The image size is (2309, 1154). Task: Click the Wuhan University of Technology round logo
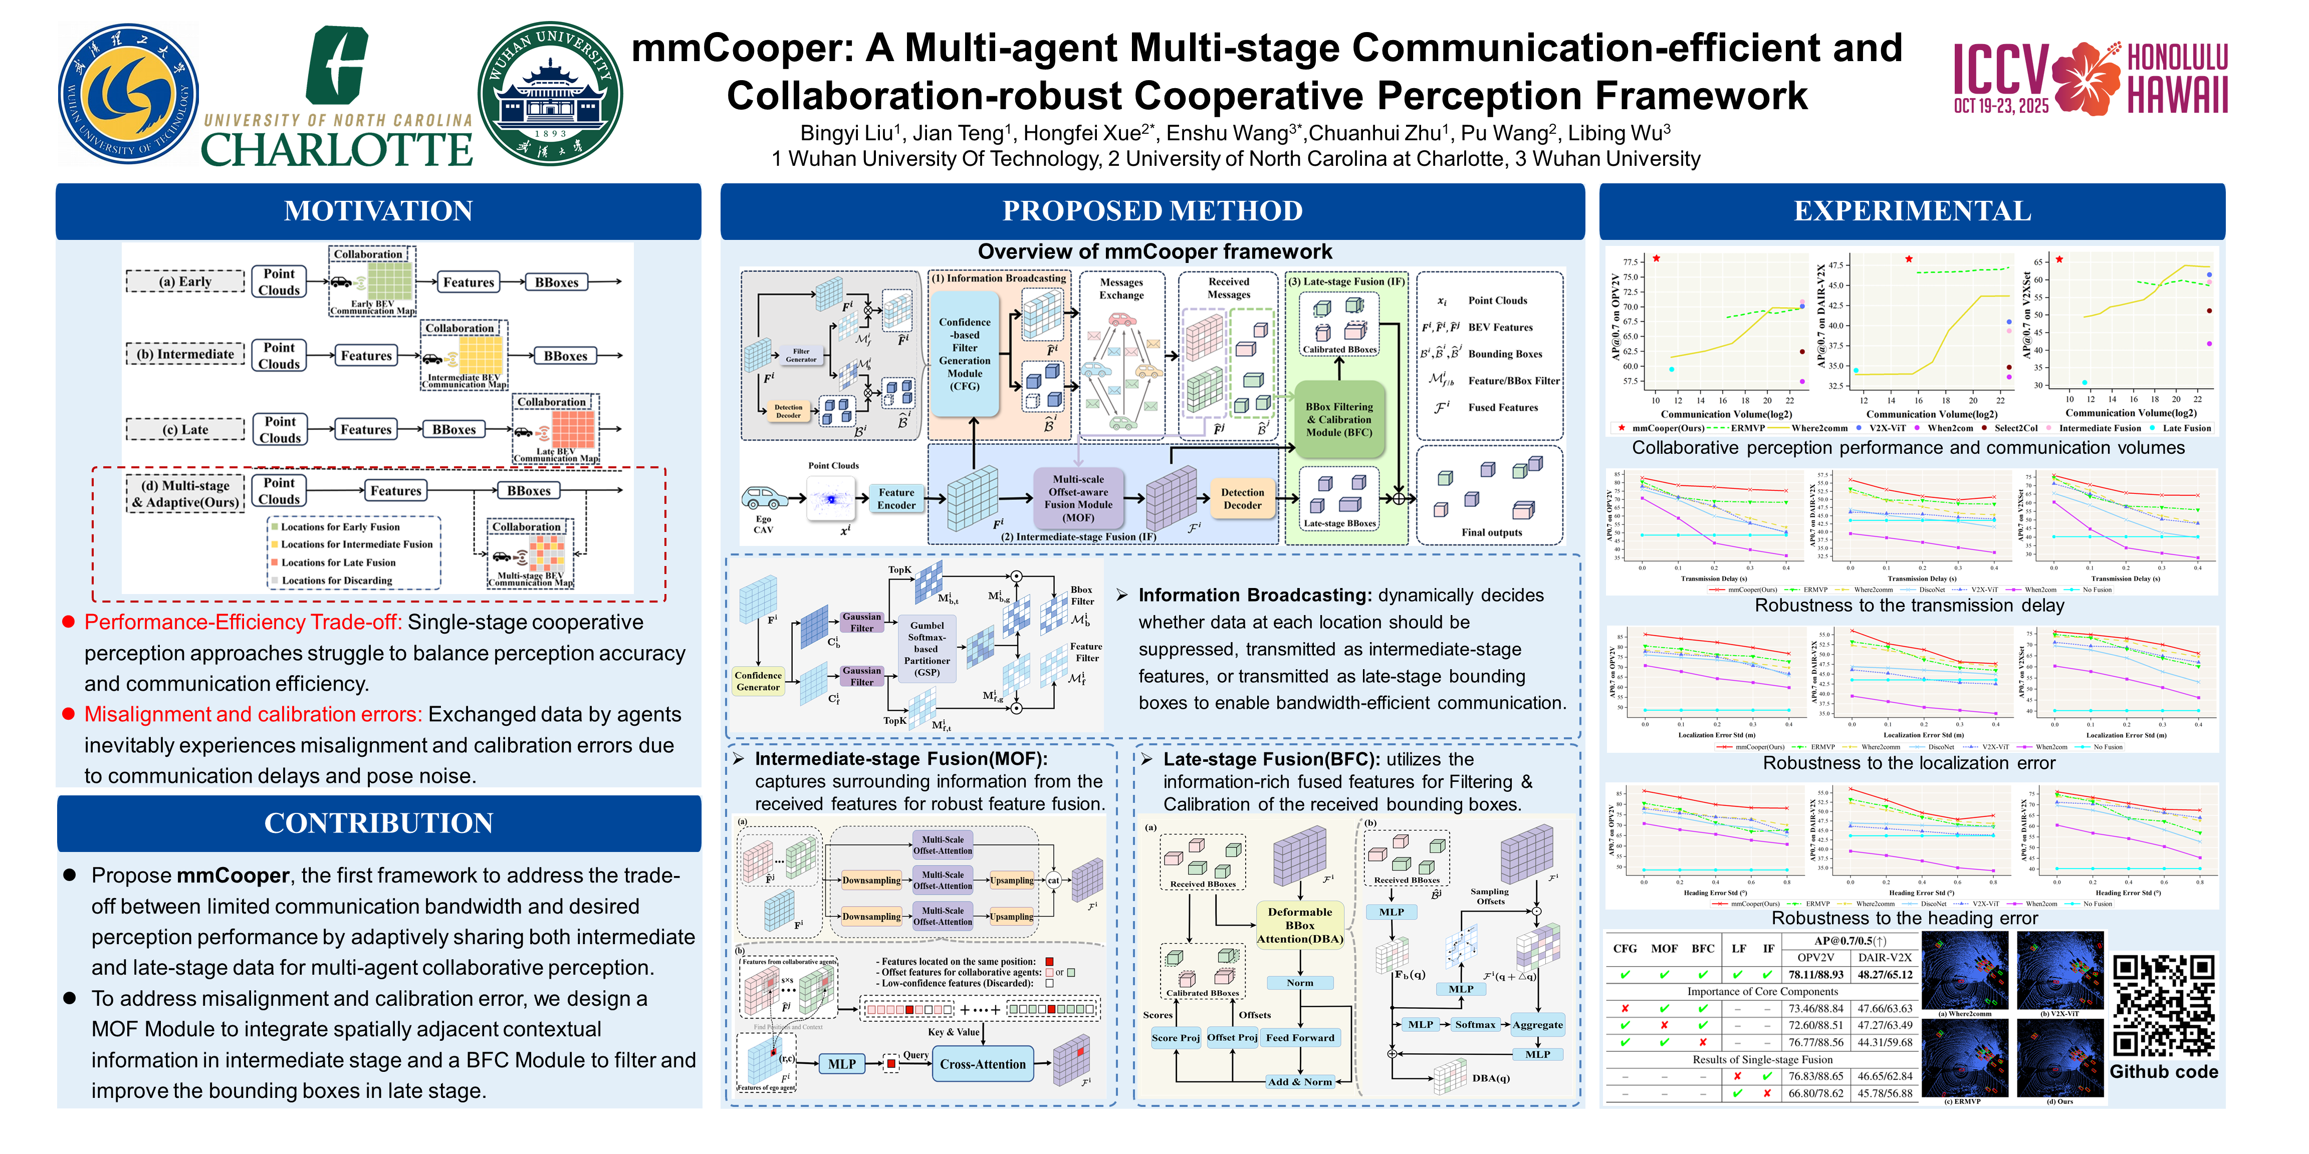pyautogui.click(x=128, y=94)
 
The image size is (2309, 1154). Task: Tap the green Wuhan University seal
pyautogui.click(x=550, y=94)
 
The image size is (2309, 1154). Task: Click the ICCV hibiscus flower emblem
pyautogui.click(x=2086, y=78)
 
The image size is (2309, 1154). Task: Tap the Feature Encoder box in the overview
pyautogui.click(x=896, y=499)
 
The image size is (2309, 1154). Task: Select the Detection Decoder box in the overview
pyautogui.click(x=1242, y=499)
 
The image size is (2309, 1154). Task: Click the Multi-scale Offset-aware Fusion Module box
pyautogui.click(x=1078, y=499)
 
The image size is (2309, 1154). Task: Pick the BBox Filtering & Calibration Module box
pyautogui.click(x=1338, y=419)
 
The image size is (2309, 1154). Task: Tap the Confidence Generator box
pyautogui.click(x=758, y=681)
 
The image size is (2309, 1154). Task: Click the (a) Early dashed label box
pyautogui.click(x=185, y=282)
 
